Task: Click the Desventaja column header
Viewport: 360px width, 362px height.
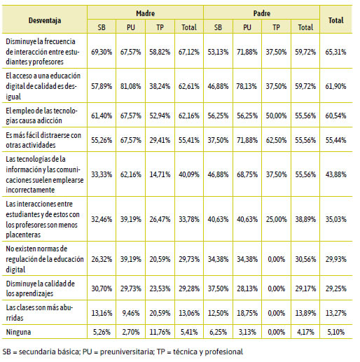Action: point(45,20)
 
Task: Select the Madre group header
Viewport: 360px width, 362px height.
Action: point(145,13)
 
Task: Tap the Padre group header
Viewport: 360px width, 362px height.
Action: point(262,13)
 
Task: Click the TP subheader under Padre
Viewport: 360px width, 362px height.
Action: point(276,27)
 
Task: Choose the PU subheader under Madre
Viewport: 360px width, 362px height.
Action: point(131,27)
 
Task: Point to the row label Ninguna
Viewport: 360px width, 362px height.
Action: point(18,332)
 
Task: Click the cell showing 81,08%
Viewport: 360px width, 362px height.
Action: point(131,86)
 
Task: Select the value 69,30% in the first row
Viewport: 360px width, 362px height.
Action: point(102,52)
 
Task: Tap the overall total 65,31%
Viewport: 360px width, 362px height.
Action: point(335,52)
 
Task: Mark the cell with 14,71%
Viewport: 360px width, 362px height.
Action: point(160,174)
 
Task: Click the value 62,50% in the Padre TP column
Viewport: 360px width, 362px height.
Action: point(276,140)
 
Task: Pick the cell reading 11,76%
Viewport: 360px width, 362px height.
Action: point(160,332)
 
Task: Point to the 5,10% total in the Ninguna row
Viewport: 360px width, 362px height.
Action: point(335,332)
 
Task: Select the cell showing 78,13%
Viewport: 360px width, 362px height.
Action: point(247,86)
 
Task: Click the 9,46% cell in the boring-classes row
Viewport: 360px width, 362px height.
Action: point(131,313)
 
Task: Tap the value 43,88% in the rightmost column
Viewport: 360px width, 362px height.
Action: point(335,174)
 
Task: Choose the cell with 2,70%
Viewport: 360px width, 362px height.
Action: point(131,332)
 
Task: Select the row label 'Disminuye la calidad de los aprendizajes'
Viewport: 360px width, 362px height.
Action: point(41,288)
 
